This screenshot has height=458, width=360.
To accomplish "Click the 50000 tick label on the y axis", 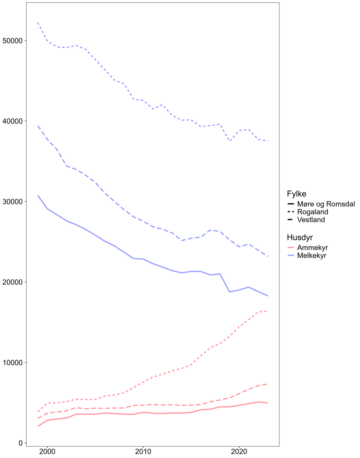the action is pyautogui.click(x=12, y=41).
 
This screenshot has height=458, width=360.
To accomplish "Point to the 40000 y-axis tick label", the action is pyautogui.click(x=12, y=121).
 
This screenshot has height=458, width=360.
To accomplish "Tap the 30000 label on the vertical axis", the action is pyautogui.click(x=12, y=201).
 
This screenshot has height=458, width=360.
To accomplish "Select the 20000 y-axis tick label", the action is pyautogui.click(x=12, y=282).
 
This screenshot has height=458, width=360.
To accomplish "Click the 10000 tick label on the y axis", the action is pyautogui.click(x=12, y=363).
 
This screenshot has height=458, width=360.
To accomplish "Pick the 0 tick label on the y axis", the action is pyautogui.click(x=20, y=443).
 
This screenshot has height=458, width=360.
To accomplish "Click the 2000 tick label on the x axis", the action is pyautogui.click(x=47, y=452).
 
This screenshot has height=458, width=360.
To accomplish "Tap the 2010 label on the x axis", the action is pyautogui.click(x=143, y=452).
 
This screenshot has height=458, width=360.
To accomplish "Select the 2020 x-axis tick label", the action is pyautogui.click(x=239, y=452).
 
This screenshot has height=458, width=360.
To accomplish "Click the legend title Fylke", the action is pyautogui.click(x=296, y=194).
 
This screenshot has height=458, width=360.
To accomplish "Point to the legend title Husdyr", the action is pyautogui.click(x=300, y=237).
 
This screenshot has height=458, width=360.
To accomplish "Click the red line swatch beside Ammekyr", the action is pyautogui.click(x=291, y=248).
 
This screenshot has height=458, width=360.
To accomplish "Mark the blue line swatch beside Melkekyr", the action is pyautogui.click(x=291, y=255).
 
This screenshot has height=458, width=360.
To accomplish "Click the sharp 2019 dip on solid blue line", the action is pyautogui.click(x=229, y=292).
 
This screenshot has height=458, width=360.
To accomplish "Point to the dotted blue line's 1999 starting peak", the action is pyautogui.click(x=38, y=23).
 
